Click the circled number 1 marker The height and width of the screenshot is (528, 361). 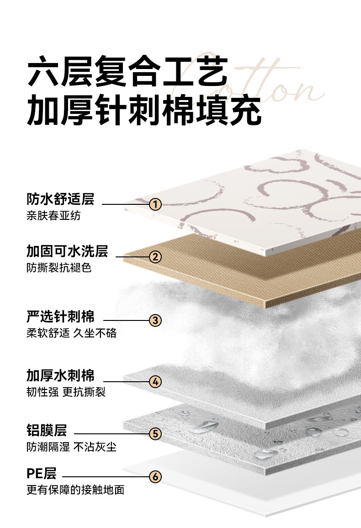[156, 204]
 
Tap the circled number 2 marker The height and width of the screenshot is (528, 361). [155, 256]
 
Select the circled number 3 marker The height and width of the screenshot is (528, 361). [155, 320]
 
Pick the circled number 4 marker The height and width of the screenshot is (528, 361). [155, 381]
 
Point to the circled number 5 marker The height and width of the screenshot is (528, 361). [155, 433]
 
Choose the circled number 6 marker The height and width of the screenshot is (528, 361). [155, 477]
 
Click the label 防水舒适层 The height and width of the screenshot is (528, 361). [60, 199]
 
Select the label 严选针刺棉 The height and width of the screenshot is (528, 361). [60, 316]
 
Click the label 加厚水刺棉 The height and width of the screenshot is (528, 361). [60, 376]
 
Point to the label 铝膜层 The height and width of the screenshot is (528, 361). [47, 430]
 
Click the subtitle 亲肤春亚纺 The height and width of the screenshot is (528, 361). [53, 215]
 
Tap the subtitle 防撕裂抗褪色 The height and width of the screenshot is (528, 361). [59, 268]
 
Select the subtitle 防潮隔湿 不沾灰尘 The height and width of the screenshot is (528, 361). [71, 447]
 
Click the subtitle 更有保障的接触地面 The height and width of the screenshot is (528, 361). [75, 490]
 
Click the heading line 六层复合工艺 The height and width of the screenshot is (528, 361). [127, 72]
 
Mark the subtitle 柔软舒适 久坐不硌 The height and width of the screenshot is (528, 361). [71, 333]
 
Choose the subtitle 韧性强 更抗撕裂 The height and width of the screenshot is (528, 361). [66, 392]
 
